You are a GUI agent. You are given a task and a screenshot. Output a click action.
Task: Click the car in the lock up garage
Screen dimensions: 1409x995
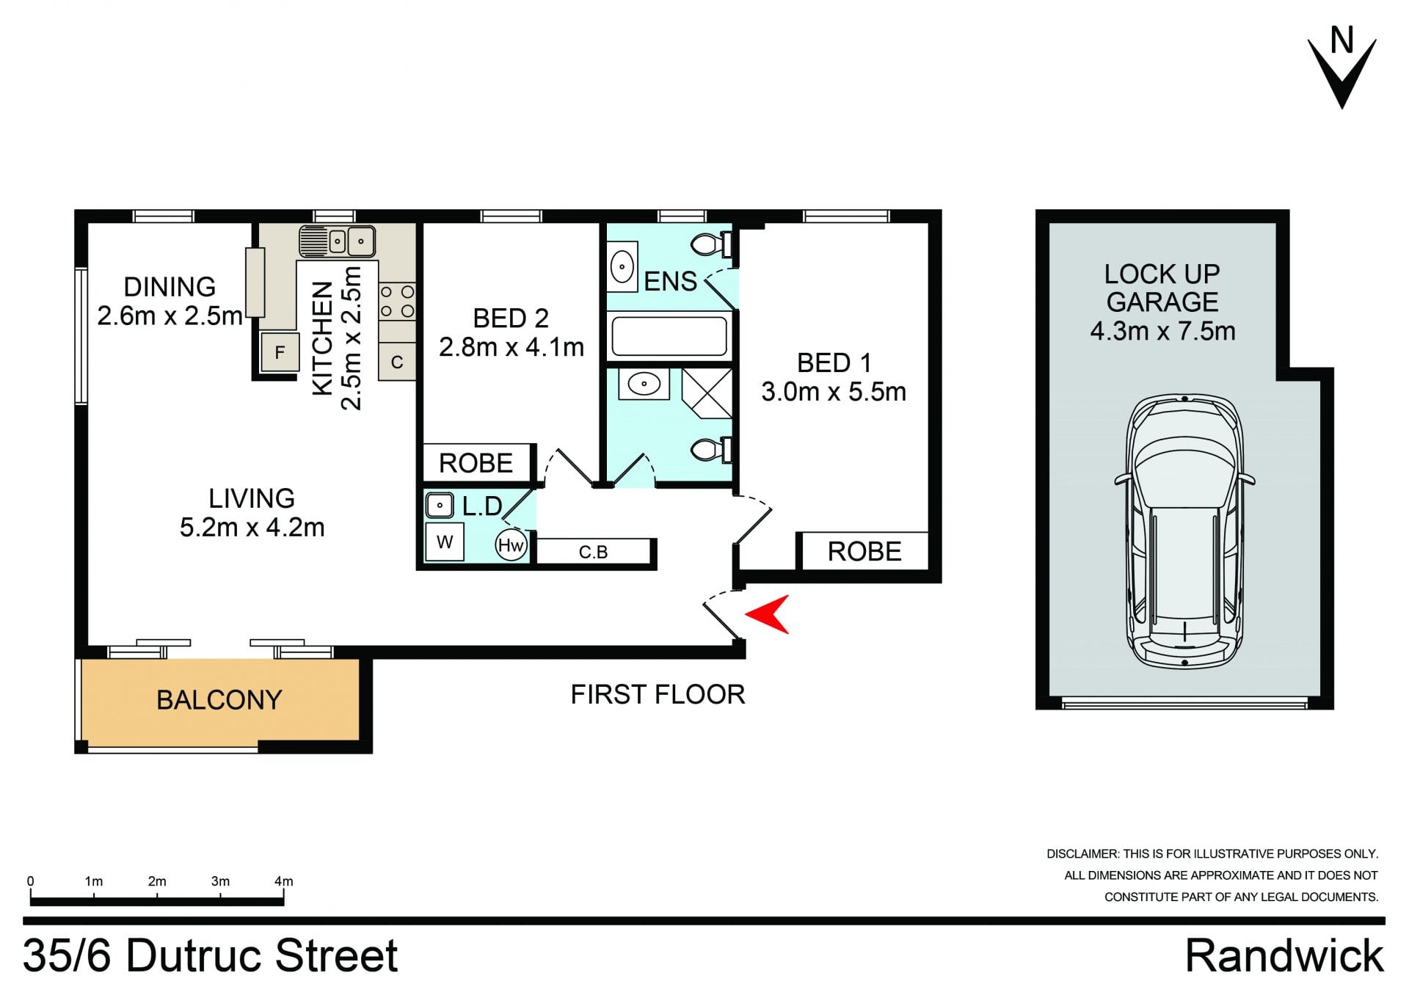1184,531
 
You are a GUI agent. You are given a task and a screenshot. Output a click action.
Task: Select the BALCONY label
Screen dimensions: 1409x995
219,700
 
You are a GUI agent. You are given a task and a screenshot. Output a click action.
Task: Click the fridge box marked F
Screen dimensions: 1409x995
280,353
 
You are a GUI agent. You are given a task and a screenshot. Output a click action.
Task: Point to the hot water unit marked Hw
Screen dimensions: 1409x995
511,545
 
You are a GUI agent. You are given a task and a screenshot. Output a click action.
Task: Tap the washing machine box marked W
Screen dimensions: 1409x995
445,542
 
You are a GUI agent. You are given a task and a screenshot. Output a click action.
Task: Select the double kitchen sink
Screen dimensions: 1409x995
337,241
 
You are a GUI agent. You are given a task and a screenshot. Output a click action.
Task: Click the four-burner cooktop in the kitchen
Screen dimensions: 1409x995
397,302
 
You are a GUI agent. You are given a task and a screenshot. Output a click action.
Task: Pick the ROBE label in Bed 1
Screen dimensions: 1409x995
864,552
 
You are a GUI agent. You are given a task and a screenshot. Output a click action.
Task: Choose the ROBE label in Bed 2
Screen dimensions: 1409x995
476,464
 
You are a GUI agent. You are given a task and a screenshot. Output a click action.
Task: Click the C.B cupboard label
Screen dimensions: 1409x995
593,552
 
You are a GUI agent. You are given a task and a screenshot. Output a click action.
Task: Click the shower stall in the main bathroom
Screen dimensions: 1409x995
707,393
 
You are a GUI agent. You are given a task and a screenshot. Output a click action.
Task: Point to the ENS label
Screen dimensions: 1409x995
670,281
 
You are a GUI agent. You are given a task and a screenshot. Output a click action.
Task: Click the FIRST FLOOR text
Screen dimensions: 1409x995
658,694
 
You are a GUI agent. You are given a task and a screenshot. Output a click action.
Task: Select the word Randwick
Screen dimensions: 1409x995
1284,955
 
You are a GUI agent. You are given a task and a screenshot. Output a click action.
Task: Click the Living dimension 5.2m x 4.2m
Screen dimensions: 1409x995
252,527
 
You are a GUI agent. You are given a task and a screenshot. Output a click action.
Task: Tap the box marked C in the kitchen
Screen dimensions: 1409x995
397,362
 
